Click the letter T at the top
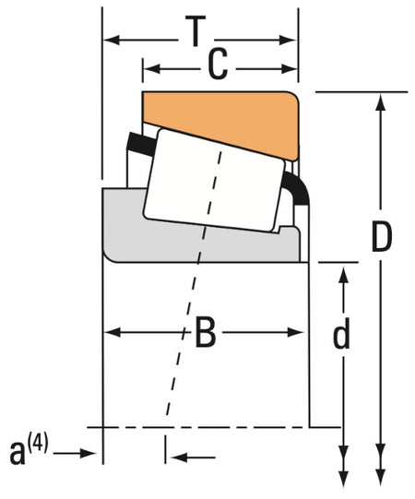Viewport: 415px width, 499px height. tap(195, 34)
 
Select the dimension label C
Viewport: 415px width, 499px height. tap(218, 65)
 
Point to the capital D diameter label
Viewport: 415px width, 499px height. tap(381, 237)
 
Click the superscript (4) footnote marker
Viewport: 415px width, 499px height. tap(38, 446)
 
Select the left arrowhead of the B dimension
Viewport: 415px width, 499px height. tap(110, 332)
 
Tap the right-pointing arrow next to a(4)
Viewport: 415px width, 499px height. tap(88, 452)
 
